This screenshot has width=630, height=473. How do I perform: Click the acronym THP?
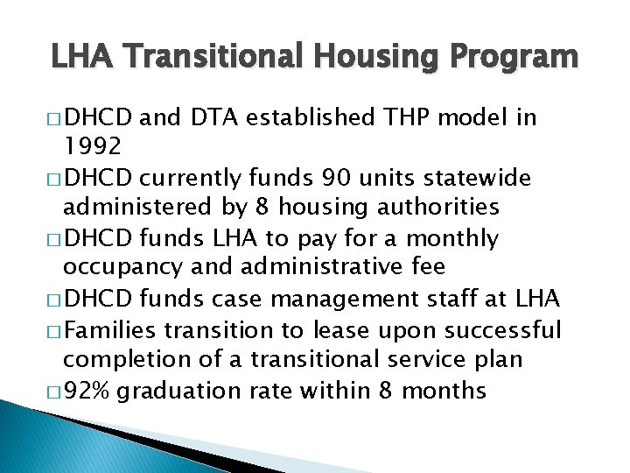tap(411, 117)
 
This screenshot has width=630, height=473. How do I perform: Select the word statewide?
tap(473, 178)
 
